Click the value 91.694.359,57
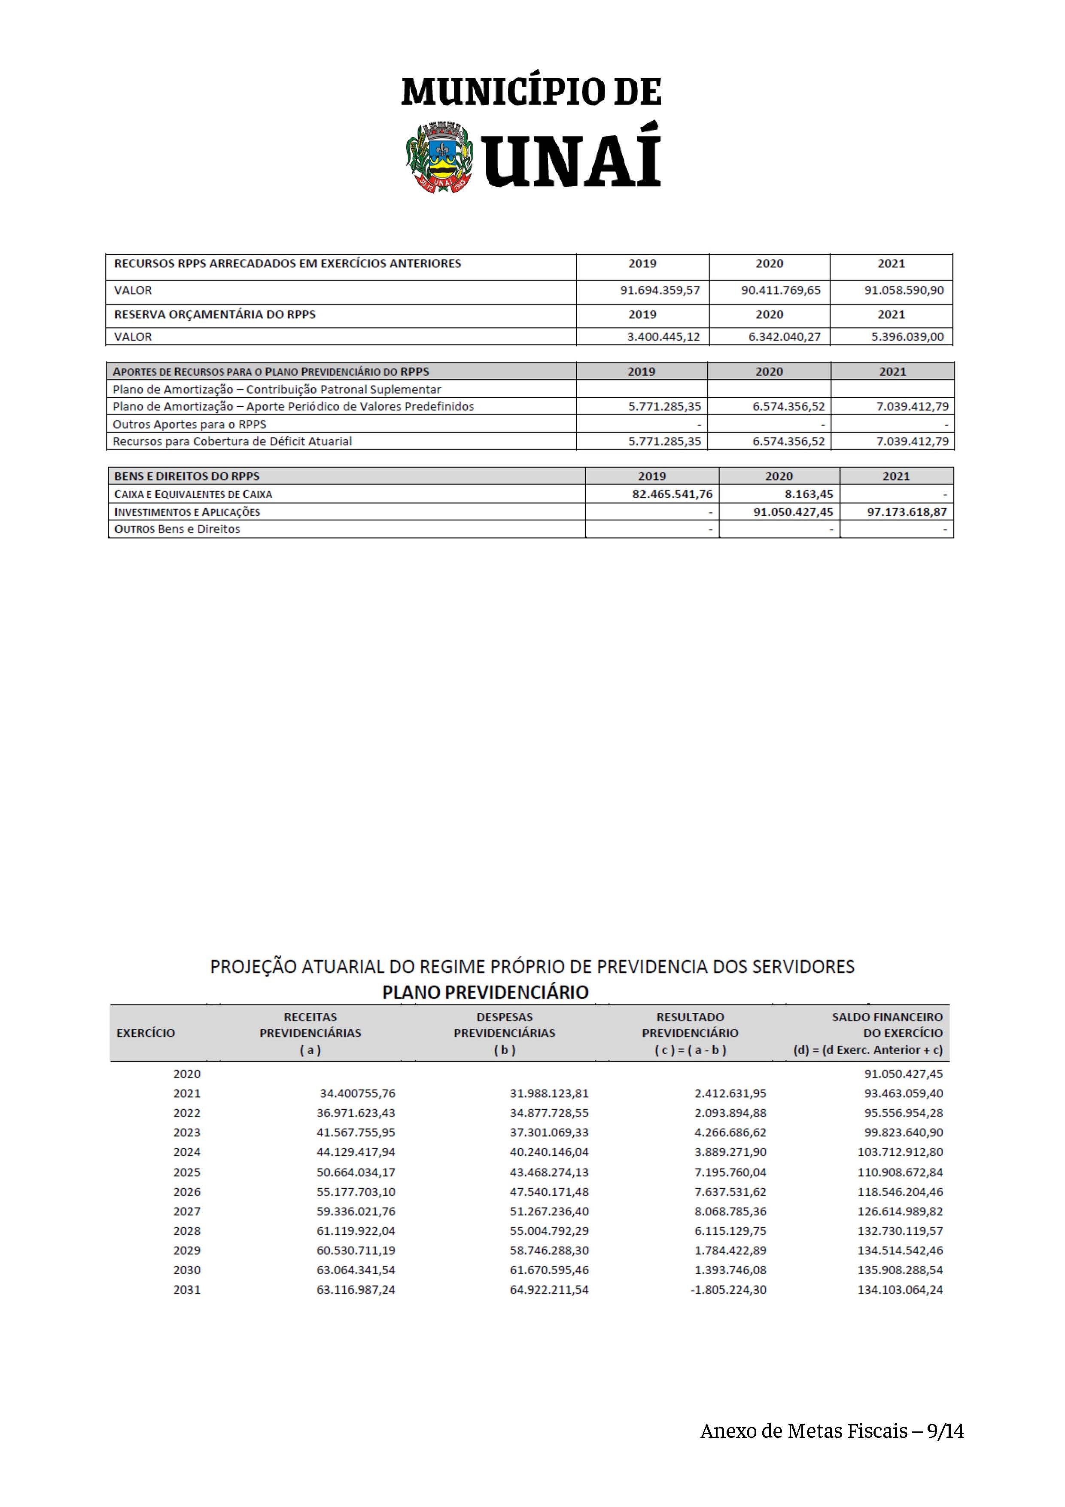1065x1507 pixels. (x=660, y=290)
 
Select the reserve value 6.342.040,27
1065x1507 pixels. (x=781, y=337)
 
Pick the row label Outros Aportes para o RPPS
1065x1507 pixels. (x=190, y=424)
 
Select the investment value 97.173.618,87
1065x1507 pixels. (x=907, y=512)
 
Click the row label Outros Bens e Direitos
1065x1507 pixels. (x=177, y=529)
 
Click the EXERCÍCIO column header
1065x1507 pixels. (x=146, y=1033)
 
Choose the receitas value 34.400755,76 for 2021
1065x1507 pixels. (x=358, y=1093)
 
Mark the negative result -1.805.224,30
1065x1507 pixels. (x=728, y=1290)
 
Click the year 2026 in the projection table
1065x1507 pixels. (x=187, y=1192)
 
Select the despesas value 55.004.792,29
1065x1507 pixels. (x=549, y=1231)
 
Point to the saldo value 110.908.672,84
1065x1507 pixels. (x=900, y=1172)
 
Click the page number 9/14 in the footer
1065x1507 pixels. (x=945, y=1431)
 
